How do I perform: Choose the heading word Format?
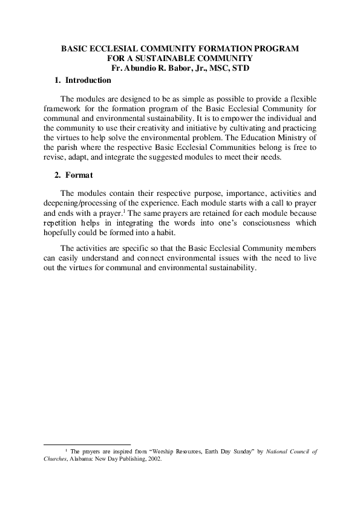[79, 176]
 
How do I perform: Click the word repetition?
[62, 224]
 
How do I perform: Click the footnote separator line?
[88, 443]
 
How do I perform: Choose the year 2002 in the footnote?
[153, 458]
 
